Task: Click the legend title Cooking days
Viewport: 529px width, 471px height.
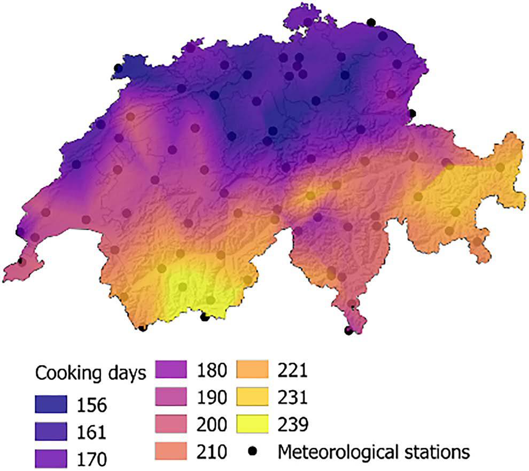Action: pos(90,374)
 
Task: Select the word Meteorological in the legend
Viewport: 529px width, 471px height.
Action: pos(337,452)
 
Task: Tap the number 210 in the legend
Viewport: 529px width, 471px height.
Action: pos(213,452)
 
